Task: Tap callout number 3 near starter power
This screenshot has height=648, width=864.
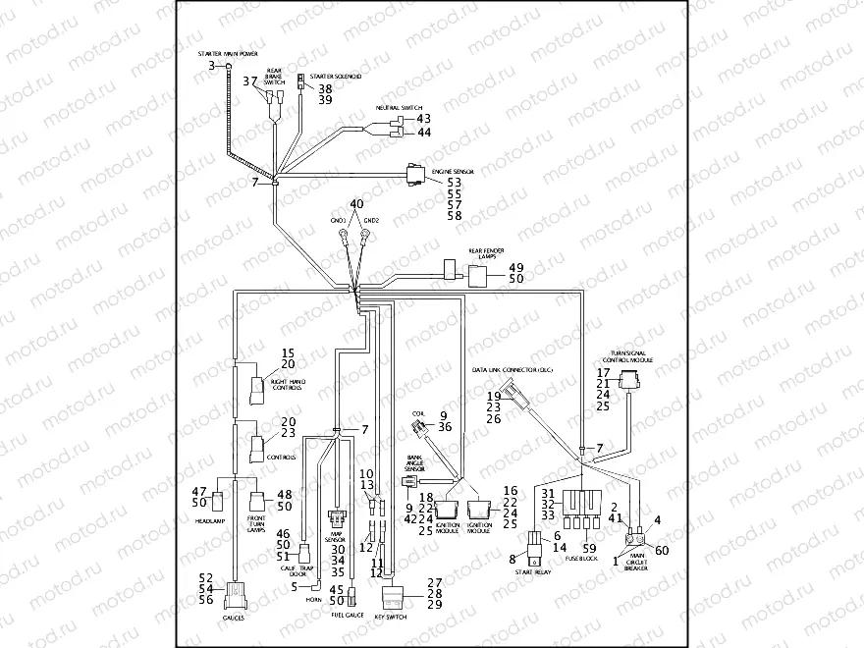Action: coord(211,65)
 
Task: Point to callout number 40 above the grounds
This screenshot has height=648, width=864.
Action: coord(355,203)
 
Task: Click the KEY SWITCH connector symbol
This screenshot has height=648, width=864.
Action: coord(393,593)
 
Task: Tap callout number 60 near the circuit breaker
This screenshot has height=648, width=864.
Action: coord(661,550)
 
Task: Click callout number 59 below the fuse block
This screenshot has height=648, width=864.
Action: coord(589,548)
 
